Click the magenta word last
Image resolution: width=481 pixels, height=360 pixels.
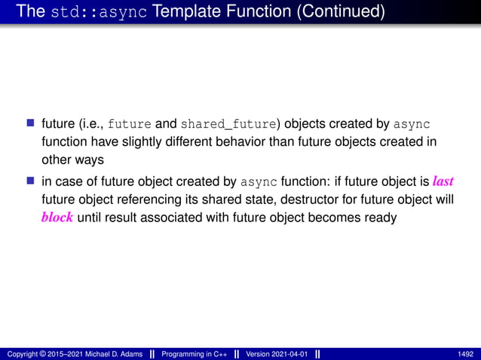tap(443, 181)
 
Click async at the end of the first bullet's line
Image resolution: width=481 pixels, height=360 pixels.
tap(412, 124)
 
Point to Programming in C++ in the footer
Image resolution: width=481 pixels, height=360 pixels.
tap(193, 354)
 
